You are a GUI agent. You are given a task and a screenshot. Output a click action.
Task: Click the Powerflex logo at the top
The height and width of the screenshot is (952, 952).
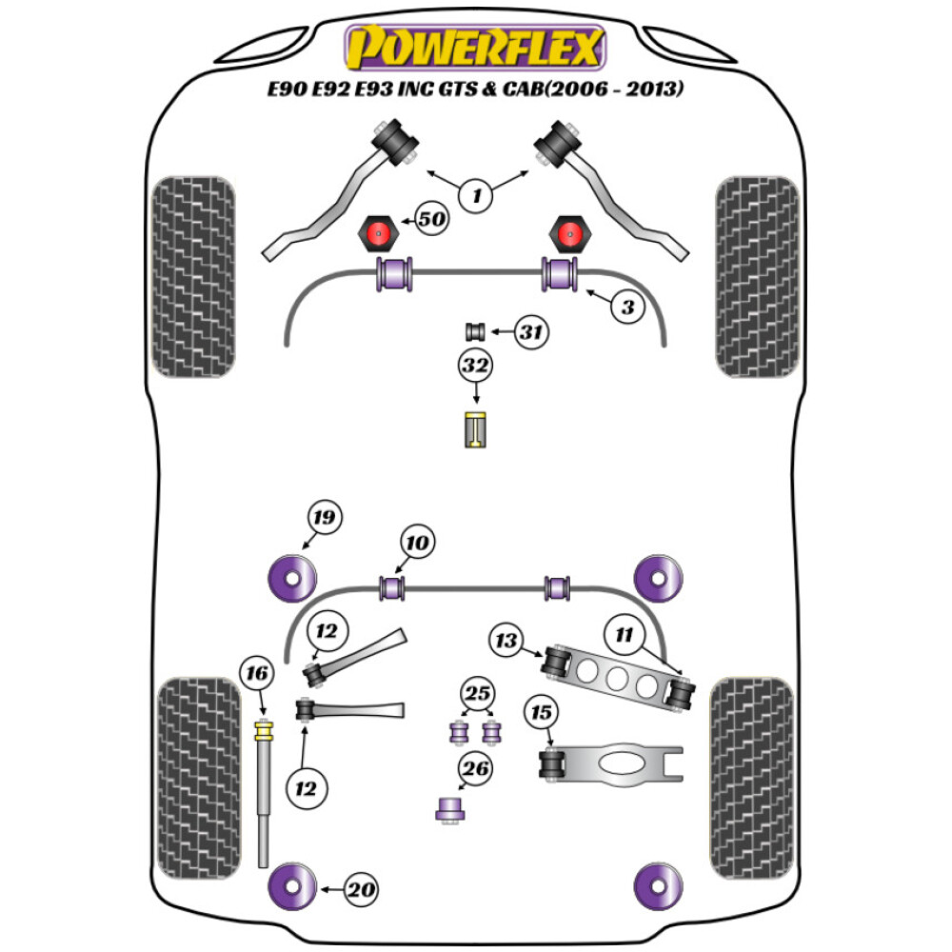click(475, 48)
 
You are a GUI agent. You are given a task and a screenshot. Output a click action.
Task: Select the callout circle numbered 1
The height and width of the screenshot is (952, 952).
click(476, 196)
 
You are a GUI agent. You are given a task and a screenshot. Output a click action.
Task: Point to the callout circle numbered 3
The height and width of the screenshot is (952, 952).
click(627, 307)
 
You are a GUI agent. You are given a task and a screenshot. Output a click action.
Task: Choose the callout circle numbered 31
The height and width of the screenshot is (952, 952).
click(533, 332)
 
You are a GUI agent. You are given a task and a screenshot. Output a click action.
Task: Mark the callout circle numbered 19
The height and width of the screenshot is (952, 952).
click(323, 518)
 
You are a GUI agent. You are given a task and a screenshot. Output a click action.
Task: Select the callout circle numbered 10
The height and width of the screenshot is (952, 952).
click(418, 543)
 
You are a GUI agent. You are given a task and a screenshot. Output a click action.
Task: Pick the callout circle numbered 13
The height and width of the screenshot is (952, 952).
click(506, 640)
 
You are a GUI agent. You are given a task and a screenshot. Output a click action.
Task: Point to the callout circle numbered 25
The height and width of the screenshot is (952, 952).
click(476, 692)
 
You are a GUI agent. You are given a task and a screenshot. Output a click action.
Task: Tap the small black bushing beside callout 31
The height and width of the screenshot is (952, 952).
click(475, 332)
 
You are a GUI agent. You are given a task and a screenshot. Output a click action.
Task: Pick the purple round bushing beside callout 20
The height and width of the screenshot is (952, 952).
click(291, 888)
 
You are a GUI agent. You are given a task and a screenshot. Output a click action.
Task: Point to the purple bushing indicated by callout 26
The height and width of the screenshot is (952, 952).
click(447, 808)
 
